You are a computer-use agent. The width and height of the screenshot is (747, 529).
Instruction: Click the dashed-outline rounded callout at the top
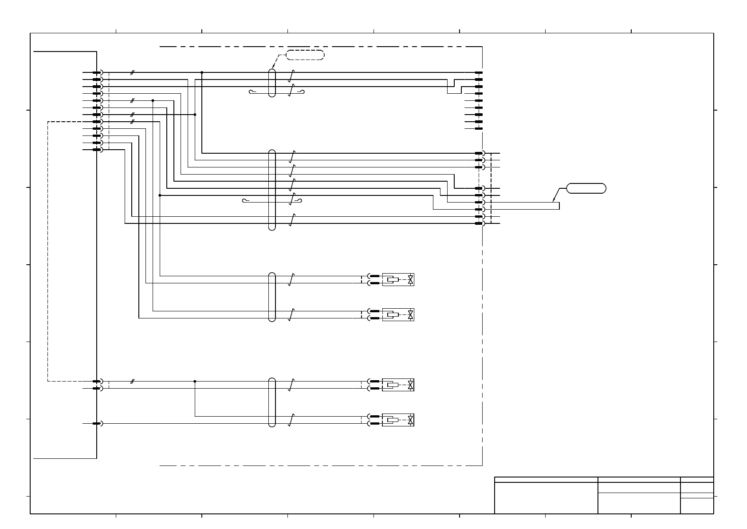(305, 55)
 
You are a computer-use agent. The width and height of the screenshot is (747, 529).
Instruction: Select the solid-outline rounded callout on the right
(586, 188)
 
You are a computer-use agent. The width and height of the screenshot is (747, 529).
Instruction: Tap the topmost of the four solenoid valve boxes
(398, 279)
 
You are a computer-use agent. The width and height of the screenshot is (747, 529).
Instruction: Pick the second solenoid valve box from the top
(398, 314)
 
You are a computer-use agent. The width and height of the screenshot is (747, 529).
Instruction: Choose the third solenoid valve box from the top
(398, 385)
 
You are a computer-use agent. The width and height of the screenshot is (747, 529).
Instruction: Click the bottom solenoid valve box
(398, 420)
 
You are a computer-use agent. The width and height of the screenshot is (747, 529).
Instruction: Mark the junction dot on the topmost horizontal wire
(202, 72)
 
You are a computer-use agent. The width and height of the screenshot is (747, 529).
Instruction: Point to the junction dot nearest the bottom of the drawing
(195, 381)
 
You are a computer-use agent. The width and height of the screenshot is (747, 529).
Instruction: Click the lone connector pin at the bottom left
(97, 423)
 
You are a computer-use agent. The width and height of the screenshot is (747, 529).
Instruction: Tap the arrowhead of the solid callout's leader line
(554, 201)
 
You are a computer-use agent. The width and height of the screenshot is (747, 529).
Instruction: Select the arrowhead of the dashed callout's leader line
(272, 68)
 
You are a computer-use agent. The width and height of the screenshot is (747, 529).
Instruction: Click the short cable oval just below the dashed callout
(272, 83)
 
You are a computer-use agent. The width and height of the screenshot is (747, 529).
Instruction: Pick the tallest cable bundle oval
(272, 190)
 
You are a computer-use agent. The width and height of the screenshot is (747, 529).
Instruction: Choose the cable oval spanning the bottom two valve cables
(272, 402)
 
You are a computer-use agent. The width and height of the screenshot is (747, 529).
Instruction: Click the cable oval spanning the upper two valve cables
(272, 297)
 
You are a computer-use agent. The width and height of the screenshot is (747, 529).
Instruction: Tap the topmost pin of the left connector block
(97, 72)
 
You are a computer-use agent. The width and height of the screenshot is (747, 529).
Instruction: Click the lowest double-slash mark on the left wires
(132, 381)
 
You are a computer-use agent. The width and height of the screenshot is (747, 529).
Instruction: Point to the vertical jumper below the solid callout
(559, 206)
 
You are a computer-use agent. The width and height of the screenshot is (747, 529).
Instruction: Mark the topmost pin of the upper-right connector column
(479, 72)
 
